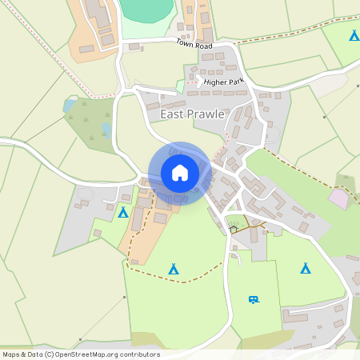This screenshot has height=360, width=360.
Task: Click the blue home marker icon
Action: [180, 173]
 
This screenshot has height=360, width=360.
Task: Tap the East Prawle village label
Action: [192, 114]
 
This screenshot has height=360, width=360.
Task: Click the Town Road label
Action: [193, 44]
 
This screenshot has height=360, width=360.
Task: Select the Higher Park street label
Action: [223, 82]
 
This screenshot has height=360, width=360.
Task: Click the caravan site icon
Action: [254, 299]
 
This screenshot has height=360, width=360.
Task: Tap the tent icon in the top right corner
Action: [354, 35]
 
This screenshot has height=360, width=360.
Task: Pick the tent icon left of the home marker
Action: [123, 212]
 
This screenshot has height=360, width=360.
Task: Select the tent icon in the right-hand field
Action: [305, 268]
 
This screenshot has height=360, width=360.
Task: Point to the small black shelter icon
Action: [234, 229]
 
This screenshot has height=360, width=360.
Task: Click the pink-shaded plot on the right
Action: [339, 198]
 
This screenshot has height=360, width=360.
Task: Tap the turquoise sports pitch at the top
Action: [147, 10]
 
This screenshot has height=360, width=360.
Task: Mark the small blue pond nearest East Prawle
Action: [106, 128]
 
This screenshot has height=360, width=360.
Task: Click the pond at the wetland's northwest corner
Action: [70, 105]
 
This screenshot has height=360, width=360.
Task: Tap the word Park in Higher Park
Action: [234, 82]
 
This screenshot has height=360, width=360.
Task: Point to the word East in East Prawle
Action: [172, 114]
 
